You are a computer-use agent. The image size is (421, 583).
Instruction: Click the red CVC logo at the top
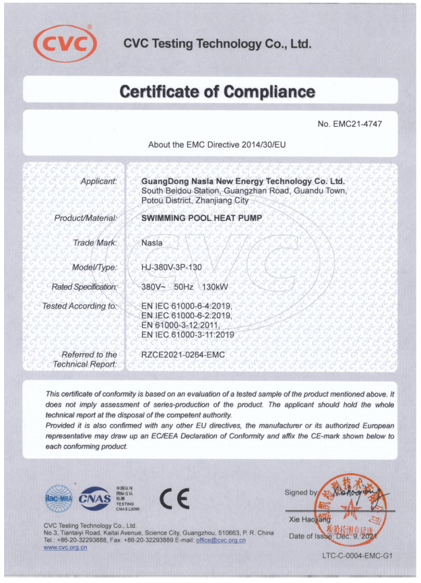click(x=65, y=44)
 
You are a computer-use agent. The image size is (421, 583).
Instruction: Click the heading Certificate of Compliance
click(x=217, y=92)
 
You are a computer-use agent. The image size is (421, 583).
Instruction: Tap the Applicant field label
click(x=99, y=181)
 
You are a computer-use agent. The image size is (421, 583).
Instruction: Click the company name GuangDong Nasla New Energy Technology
click(x=243, y=181)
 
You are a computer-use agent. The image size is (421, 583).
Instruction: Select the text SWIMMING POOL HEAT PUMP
click(x=202, y=218)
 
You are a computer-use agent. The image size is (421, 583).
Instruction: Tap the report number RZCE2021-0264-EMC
click(x=183, y=355)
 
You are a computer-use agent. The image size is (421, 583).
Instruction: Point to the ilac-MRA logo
click(x=58, y=498)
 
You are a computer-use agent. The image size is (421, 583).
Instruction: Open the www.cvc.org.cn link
click(x=65, y=548)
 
